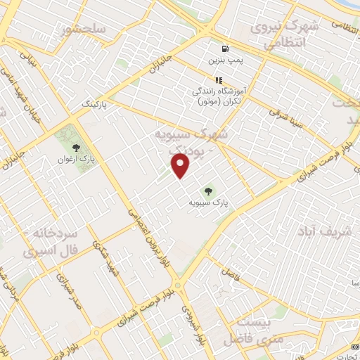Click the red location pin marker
click(181, 166)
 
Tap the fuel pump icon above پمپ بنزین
click(224, 49)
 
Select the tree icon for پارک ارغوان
click(76, 148)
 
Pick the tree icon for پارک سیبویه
click(208, 190)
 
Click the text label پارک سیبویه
click(210, 202)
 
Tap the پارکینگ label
click(97, 103)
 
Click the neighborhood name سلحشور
click(84, 30)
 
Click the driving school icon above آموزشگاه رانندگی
click(219, 80)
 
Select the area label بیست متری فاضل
click(250, 330)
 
